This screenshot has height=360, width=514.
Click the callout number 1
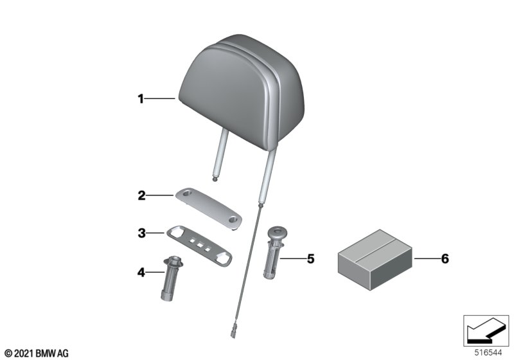pos(141,99)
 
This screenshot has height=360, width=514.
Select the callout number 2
pos(141,195)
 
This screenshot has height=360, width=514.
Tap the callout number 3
pos(141,233)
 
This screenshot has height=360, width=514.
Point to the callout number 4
pos(141,272)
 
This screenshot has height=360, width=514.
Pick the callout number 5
pos(310,258)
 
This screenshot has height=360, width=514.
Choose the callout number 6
pos(445,258)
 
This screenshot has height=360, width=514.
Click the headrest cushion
pos(242,89)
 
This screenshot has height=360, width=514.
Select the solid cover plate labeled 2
pos(208,208)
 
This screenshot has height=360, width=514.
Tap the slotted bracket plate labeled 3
pos(199,245)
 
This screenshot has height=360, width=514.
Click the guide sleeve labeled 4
pos(172,278)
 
